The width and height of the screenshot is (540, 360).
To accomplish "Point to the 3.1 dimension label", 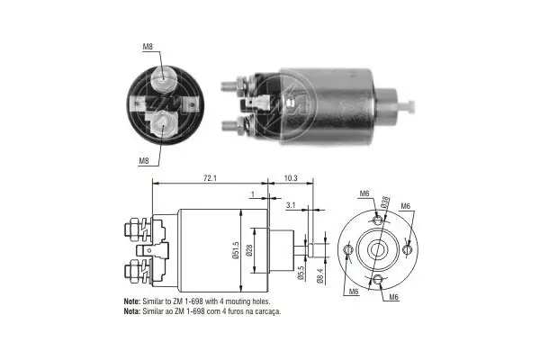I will (x=290, y=206).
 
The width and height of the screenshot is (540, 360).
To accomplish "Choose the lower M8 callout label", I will (x=144, y=161).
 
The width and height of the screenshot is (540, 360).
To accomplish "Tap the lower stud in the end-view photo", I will (x=162, y=122).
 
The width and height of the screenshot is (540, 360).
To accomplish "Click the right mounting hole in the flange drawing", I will (x=409, y=248).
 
